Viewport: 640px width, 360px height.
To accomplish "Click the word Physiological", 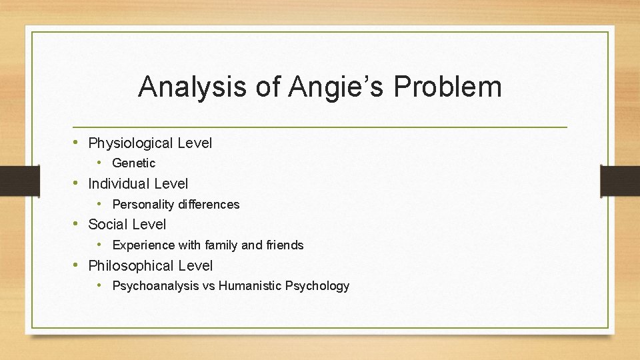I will point(129,143).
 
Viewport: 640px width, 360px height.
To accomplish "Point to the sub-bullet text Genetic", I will point(133,163).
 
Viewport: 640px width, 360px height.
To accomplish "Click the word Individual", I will point(119,184).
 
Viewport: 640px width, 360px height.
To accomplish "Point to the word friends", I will point(285,245).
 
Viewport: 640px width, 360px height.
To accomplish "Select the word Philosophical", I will point(129,266).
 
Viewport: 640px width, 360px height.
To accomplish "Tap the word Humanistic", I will point(249,286).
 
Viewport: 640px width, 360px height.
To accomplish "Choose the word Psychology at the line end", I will point(317,286).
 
